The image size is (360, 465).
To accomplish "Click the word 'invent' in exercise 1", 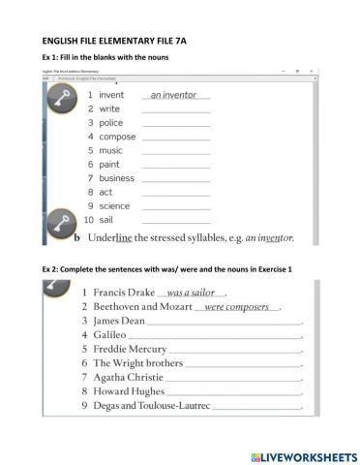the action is pos(112,95).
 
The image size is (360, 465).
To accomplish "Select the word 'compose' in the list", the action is pos(117,137).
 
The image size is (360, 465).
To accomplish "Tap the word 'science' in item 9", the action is pos(116,206).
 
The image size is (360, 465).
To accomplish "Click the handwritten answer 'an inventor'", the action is pos(174,95).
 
